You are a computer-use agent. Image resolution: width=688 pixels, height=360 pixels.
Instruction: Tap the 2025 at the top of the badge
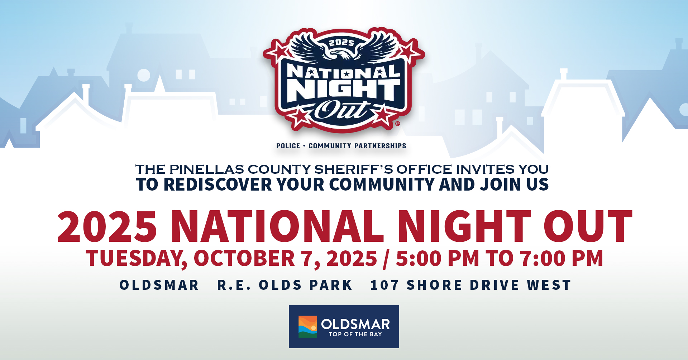click(x=342, y=43)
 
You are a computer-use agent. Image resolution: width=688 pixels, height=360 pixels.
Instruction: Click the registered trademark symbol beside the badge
click(x=397, y=124)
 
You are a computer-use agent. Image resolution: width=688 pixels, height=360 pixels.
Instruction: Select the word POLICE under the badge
click(x=288, y=146)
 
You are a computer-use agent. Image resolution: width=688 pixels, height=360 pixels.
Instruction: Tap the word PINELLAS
click(x=207, y=169)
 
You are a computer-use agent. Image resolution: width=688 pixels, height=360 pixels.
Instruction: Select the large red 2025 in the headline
click(x=107, y=226)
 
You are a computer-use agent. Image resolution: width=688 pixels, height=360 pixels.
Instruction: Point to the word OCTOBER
click(x=244, y=258)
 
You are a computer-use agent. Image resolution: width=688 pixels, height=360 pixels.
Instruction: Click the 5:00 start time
click(x=419, y=258)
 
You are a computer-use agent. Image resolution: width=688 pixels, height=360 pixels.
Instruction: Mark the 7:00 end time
click(x=543, y=258)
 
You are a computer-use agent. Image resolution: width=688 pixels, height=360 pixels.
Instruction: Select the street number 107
click(x=384, y=285)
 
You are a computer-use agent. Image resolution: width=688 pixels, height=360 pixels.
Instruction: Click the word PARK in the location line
click(x=331, y=285)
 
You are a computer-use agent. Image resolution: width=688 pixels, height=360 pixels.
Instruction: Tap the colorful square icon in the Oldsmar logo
click(x=308, y=326)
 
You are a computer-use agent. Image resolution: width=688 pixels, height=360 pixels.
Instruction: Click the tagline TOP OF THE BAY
click(x=355, y=334)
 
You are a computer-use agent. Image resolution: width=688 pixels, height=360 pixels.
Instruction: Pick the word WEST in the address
click(x=549, y=285)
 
